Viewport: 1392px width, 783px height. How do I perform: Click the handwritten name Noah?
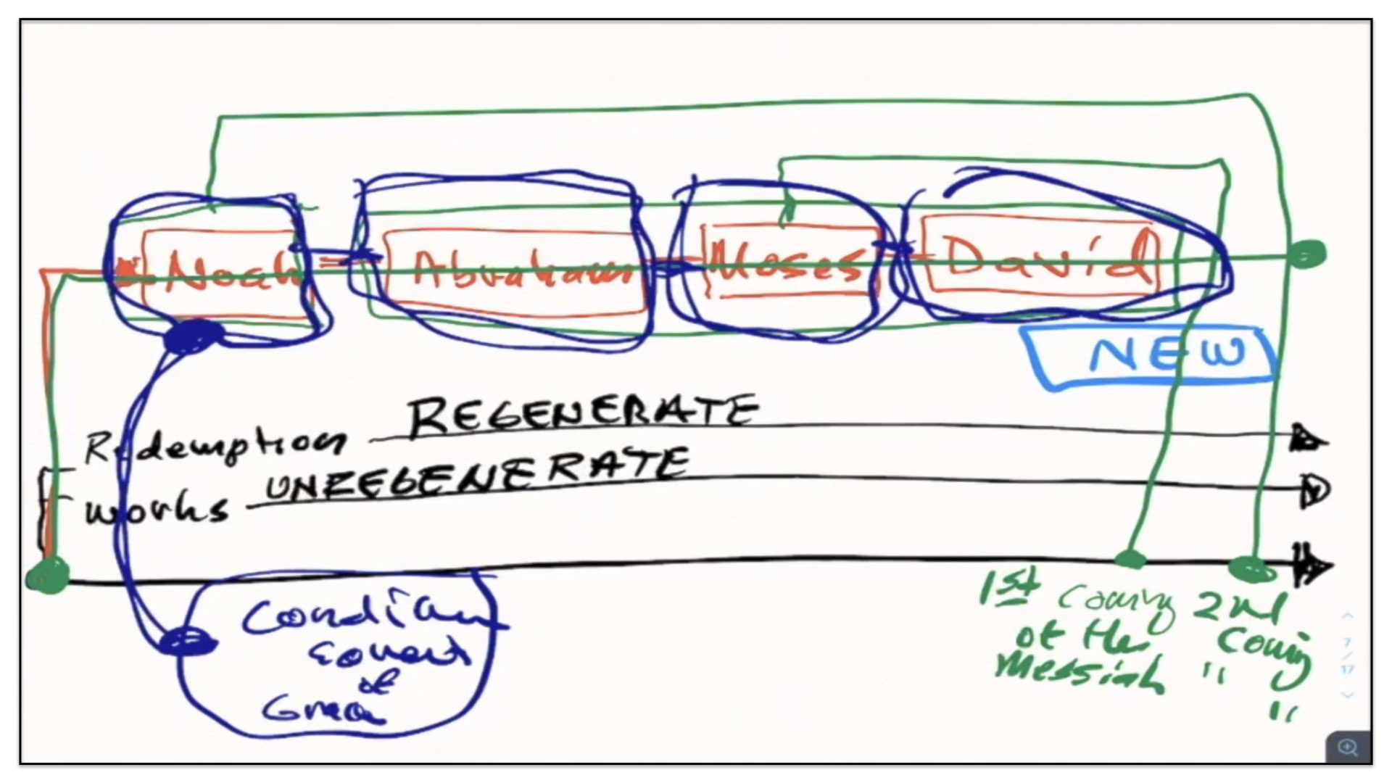point(228,272)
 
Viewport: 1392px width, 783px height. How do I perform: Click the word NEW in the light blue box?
point(1167,355)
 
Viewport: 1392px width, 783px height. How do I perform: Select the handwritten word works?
point(156,509)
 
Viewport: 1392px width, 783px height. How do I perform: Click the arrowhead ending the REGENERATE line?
point(1309,439)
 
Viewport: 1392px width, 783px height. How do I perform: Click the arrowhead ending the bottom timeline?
point(1314,565)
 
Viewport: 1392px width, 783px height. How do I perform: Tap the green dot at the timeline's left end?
point(48,577)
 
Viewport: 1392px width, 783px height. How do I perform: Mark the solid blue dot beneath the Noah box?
point(193,336)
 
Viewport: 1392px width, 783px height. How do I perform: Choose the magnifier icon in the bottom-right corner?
point(1348,747)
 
